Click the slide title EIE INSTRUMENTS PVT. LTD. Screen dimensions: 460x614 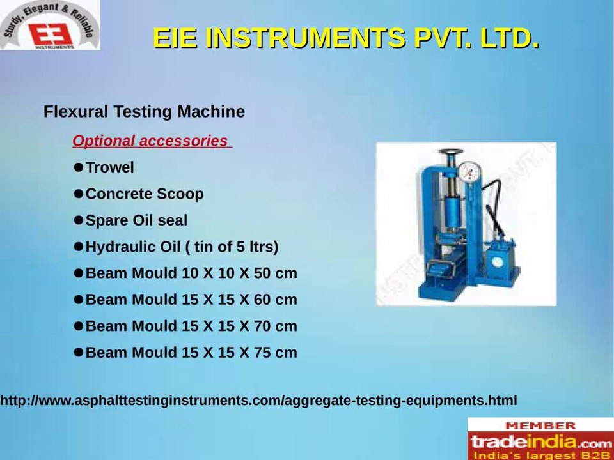point(346,38)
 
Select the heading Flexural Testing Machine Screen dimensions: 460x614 point(144,112)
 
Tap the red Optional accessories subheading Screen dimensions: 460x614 point(150,141)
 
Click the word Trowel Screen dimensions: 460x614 point(109,167)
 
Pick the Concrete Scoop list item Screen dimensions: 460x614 point(145,194)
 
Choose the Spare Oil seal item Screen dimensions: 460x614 point(136,220)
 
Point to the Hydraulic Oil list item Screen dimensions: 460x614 point(182,247)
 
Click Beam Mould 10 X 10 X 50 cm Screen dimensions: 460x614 point(191,273)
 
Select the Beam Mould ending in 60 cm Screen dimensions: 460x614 point(191,300)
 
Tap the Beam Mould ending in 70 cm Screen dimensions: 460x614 point(191,326)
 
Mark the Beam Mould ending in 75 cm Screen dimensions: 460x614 point(191,353)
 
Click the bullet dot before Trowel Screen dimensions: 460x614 point(79,167)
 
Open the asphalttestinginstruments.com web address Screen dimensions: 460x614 point(258,401)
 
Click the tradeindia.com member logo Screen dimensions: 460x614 point(540,441)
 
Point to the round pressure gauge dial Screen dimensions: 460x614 point(470,171)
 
